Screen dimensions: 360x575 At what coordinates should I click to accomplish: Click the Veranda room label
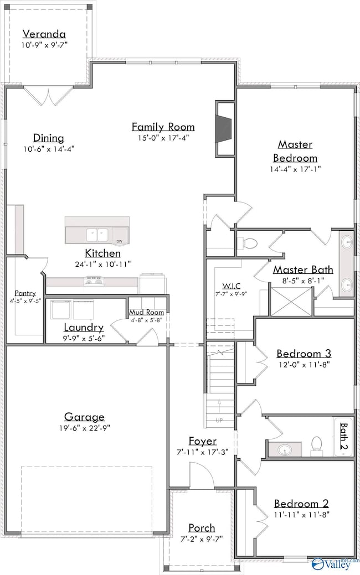pyautogui.click(x=44, y=34)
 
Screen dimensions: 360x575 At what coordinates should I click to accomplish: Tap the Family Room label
pyautogui.click(x=163, y=127)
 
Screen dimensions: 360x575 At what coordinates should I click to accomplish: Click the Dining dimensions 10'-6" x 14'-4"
pyautogui.click(x=49, y=149)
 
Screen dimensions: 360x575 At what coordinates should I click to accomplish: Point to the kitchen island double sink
pyautogui.click(x=97, y=235)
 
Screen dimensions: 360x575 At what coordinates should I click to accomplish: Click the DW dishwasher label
pyautogui.click(x=119, y=241)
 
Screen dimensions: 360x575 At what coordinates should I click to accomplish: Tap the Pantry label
pyautogui.click(x=25, y=293)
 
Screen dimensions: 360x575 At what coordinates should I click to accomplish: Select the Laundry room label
pyautogui.click(x=84, y=327)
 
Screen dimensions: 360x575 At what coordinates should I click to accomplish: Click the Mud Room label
pyautogui.click(x=146, y=313)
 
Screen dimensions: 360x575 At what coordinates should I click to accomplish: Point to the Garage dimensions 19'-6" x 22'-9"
pyautogui.click(x=84, y=428)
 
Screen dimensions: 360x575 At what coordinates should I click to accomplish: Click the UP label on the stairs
pyautogui.click(x=219, y=420)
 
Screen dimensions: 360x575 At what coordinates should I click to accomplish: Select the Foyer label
pyautogui.click(x=203, y=441)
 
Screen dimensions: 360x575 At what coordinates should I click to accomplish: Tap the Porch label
pyautogui.click(x=202, y=528)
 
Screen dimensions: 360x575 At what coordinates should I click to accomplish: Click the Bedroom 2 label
pyautogui.click(x=301, y=504)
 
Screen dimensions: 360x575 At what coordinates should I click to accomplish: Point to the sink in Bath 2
pyautogui.click(x=285, y=449)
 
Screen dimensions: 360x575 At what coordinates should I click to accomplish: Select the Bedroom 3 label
pyautogui.click(x=304, y=354)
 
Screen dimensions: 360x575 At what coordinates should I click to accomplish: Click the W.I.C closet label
pyautogui.click(x=231, y=286)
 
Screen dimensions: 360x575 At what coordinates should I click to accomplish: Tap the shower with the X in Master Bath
pyautogui.click(x=291, y=302)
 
